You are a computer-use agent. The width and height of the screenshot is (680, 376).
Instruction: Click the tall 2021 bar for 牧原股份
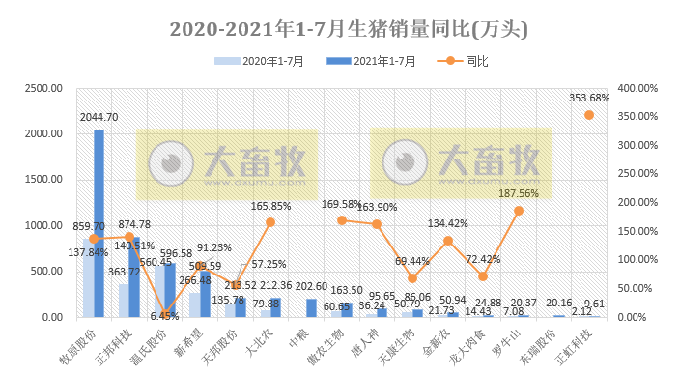point(99,222)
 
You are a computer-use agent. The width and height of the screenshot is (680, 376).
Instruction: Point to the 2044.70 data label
point(99,117)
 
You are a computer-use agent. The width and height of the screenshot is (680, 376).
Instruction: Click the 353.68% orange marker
point(589,115)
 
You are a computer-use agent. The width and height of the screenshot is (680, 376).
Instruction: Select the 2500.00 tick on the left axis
point(44,88)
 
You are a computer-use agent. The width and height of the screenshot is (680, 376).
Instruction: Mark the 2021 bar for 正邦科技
point(134,276)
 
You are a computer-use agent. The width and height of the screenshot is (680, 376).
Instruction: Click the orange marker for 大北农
point(270,222)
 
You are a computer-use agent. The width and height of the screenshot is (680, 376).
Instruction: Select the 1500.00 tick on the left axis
point(44,180)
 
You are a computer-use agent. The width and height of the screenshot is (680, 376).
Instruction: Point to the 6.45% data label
point(164,315)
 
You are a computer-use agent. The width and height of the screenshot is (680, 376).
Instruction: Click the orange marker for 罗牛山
point(518,210)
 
